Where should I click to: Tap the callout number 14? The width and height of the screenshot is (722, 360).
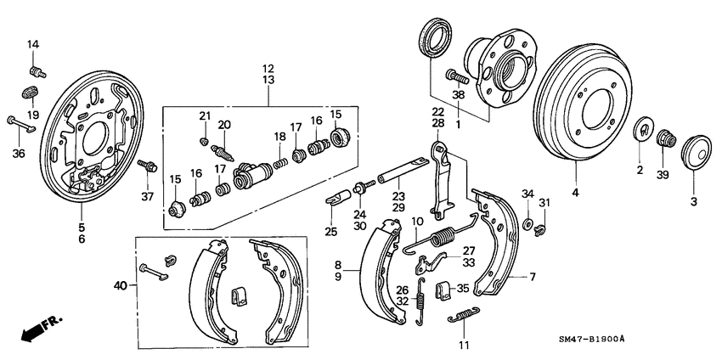(x=33, y=45)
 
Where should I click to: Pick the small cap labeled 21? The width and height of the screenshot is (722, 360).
(x=204, y=140)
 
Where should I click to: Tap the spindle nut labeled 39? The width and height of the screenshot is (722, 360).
(x=668, y=138)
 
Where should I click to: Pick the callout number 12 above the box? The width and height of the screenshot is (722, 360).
(x=268, y=67)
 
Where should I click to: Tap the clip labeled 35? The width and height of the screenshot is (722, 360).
(x=442, y=291)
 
